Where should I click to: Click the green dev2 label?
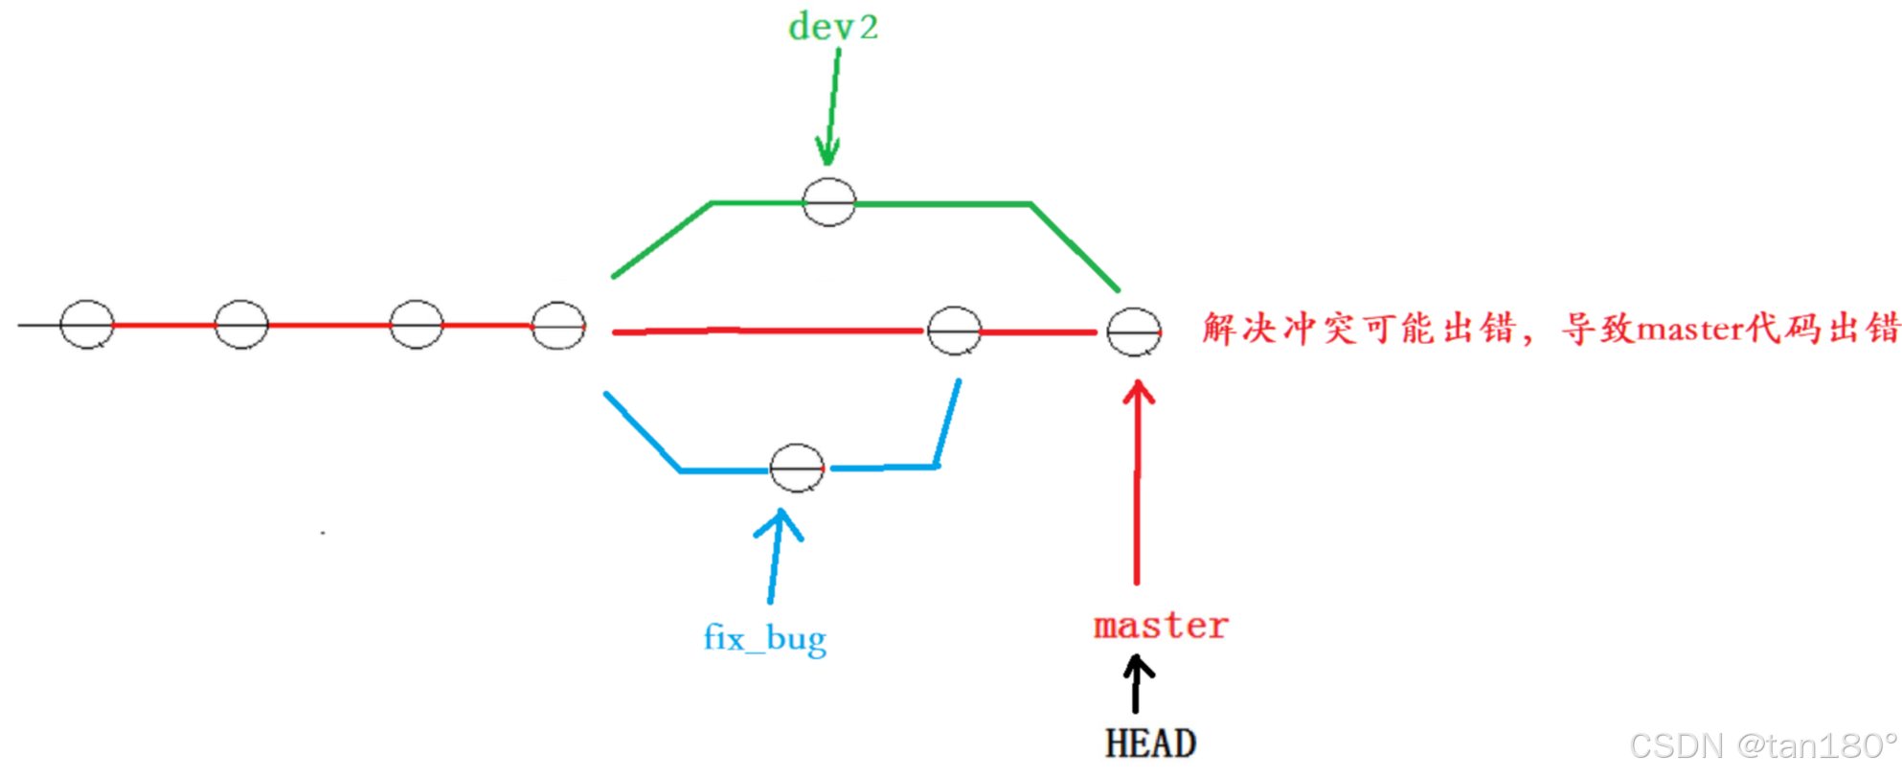pos(832,27)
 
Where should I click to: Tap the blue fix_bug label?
pos(764,638)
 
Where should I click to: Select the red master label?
pos(1160,626)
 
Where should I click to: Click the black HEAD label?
pos(1150,744)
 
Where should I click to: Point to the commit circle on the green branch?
pos(828,202)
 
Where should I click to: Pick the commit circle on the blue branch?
pos(797,469)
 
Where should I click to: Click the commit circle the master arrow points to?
pos(1134,332)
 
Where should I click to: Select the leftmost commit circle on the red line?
pos(87,325)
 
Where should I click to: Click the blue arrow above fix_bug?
pos(776,556)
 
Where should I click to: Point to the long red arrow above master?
pos(1138,479)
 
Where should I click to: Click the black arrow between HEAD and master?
pos(1137,683)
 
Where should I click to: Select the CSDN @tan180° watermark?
pos(1762,745)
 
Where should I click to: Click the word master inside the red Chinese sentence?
pos(1690,330)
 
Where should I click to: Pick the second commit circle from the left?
pos(241,325)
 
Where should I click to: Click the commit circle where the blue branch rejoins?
pos(954,331)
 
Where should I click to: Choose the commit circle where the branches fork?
pos(558,326)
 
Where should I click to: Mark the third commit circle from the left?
pos(417,325)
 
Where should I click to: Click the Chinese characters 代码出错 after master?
pos(1823,329)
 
